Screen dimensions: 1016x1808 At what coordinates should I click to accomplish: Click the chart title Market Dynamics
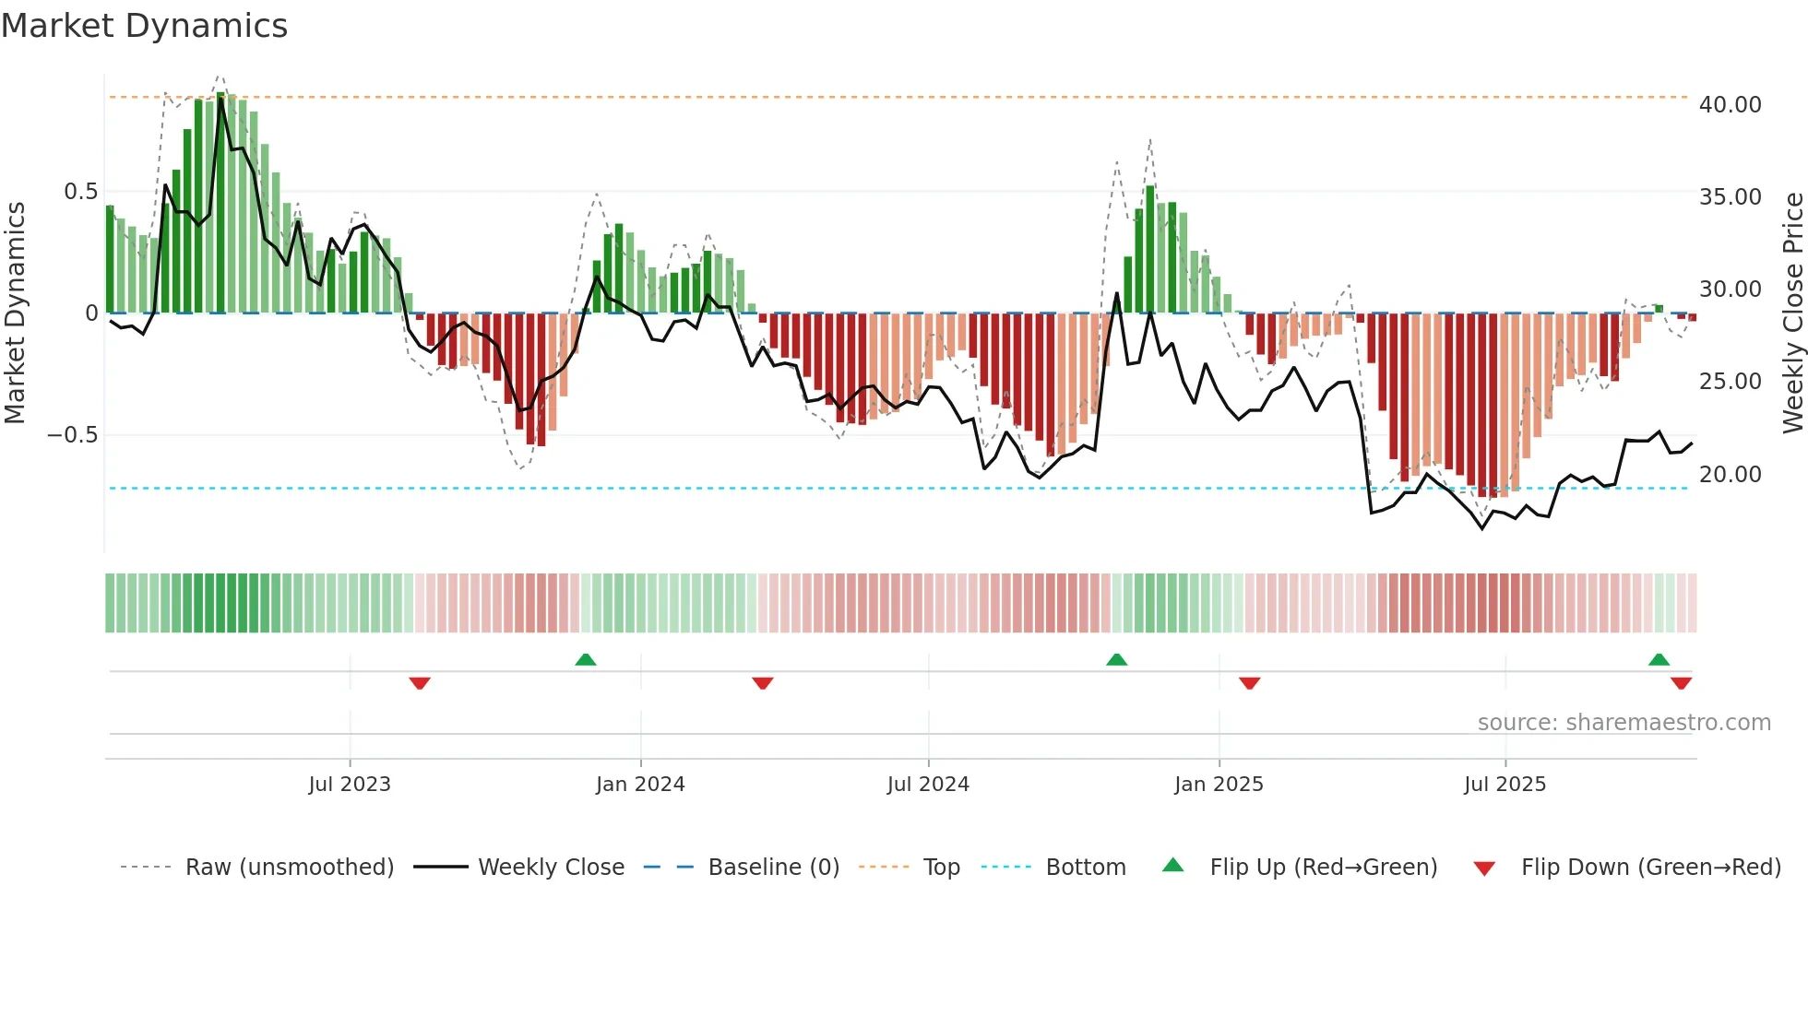coord(144,26)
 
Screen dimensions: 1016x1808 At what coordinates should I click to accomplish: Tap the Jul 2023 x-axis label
coord(350,785)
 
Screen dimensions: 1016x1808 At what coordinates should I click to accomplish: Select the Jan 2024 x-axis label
coord(640,785)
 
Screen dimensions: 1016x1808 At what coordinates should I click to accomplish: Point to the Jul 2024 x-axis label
coord(928,785)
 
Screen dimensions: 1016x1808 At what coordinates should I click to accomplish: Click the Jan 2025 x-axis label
coord(1219,785)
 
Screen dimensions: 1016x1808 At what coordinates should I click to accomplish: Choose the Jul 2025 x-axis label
coord(1505,785)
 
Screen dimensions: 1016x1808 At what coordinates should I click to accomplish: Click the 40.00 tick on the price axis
coord(1730,105)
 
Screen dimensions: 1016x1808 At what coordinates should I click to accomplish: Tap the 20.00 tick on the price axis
coord(1730,475)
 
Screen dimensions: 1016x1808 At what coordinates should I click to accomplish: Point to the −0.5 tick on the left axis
coord(72,435)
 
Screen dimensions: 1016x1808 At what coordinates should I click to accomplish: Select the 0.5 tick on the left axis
coord(80,192)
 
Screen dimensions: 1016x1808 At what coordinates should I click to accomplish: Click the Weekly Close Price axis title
coord(1792,313)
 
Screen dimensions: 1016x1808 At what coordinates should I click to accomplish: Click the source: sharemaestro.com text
coord(1624,723)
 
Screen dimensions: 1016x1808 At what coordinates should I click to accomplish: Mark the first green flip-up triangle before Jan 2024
coord(586,660)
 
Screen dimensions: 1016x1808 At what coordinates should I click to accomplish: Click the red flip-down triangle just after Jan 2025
coord(1249,683)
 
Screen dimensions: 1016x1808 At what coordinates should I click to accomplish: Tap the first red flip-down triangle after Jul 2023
coord(420,683)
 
